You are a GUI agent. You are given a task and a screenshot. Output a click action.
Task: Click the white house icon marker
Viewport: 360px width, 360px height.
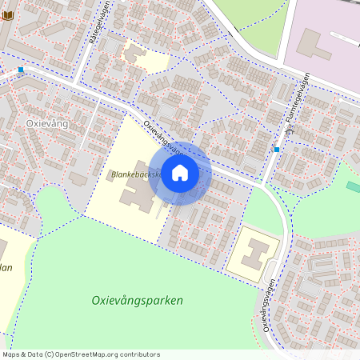pyautogui.click(x=180, y=172)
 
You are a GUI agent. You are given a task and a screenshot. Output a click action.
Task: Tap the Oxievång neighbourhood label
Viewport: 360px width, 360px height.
pyautogui.click(x=47, y=123)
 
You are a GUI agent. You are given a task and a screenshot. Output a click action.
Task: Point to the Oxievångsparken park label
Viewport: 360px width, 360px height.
pyautogui.click(x=138, y=301)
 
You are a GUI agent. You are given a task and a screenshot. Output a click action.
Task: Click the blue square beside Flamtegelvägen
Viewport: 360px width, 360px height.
pyautogui.click(x=277, y=149)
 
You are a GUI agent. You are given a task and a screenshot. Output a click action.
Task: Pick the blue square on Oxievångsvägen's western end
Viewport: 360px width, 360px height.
pyautogui.click(x=21, y=70)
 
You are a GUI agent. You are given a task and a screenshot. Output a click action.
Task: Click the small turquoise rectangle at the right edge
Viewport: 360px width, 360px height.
pyautogui.click(x=353, y=186)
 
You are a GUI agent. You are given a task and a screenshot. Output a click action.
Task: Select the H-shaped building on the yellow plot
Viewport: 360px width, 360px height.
pyautogui.click(x=254, y=253)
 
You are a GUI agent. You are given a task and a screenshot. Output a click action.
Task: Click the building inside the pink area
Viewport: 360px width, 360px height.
pyautogui.click(x=314, y=44)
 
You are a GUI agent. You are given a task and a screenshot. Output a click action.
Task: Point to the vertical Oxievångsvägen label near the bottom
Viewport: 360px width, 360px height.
pyautogui.click(x=264, y=310)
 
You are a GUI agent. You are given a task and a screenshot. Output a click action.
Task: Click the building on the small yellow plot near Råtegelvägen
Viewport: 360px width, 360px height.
pyautogui.click(x=134, y=54)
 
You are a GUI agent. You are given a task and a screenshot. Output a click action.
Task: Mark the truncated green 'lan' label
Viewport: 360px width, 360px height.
pyautogui.click(x=6, y=267)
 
